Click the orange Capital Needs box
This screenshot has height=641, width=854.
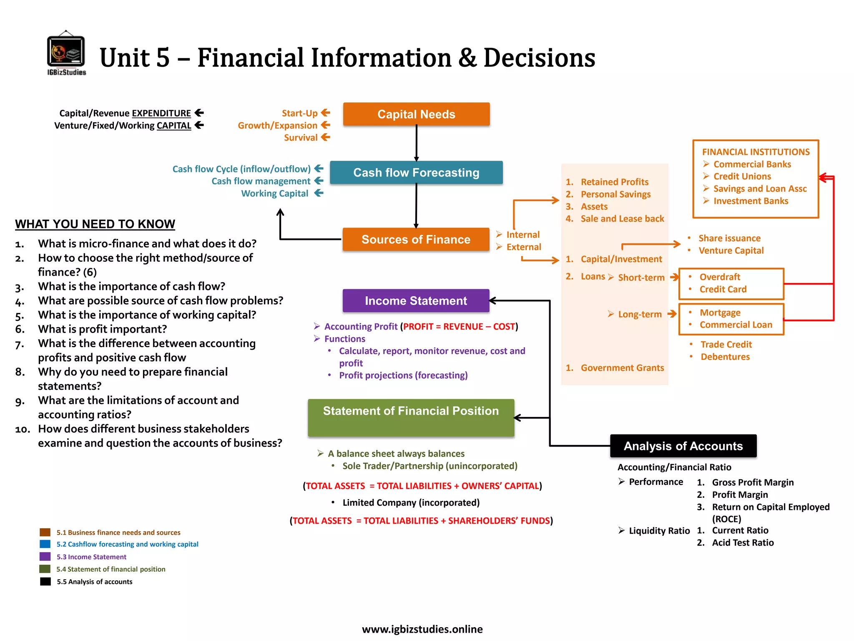pos(416,114)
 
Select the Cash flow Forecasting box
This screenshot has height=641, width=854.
pos(416,172)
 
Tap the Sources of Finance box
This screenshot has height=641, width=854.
pos(416,239)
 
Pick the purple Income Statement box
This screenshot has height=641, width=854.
pos(416,300)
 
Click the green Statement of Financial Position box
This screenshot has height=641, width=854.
pos(411,417)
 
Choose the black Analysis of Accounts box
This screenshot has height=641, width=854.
pos(683,446)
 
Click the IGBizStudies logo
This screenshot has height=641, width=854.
pos(66,53)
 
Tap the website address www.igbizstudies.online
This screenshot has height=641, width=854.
pos(422,629)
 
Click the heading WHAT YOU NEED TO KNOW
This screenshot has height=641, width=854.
pos(95,224)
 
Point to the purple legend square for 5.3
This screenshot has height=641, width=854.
pos(45,557)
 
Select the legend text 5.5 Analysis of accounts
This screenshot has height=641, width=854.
pos(95,582)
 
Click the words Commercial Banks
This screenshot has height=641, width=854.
pos(752,164)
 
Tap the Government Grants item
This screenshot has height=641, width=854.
pos(622,368)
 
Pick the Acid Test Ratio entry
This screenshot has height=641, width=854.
pos(743,543)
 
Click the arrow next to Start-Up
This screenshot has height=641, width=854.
pos(326,113)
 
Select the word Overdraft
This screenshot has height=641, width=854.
pos(720,277)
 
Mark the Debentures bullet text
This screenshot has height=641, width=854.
pos(725,357)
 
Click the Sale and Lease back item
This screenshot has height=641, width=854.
pos(622,219)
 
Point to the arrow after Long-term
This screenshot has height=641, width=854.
pos(672,314)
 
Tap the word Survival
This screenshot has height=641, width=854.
pos(301,138)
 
